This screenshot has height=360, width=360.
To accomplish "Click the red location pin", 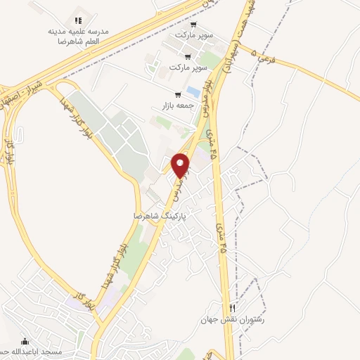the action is (x=181, y=165).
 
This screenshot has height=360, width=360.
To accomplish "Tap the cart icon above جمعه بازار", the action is (x=178, y=95).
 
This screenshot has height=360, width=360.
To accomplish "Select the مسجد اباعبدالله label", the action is (x=49, y=351).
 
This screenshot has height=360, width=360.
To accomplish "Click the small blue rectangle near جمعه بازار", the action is (x=192, y=92).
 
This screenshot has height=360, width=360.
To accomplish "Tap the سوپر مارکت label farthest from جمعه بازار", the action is (x=195, y=34).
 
